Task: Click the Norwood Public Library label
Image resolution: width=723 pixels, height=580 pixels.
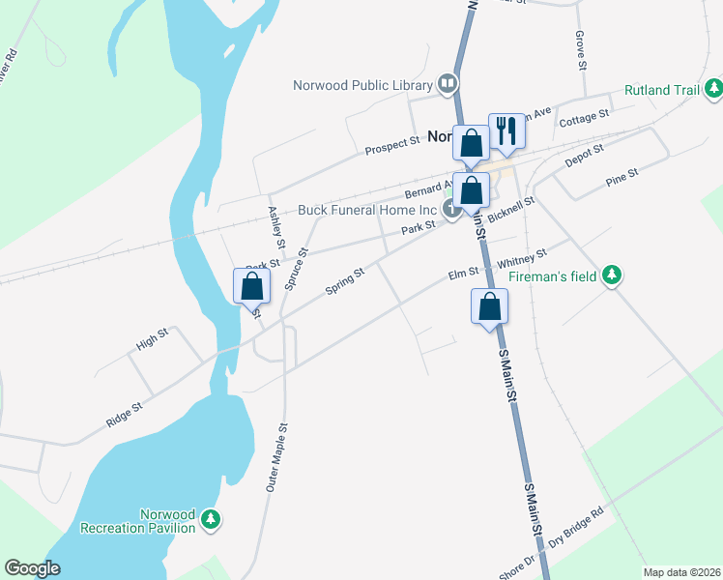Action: [363, 85]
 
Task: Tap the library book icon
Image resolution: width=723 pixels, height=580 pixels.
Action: [448, 85]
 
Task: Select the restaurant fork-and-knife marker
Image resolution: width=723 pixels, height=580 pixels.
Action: [506, 130]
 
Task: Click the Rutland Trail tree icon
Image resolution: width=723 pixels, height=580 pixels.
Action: [713, 90]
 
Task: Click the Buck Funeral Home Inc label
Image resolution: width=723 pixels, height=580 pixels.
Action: [367, 210]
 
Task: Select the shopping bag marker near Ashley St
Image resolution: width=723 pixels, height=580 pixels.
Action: [251, 285]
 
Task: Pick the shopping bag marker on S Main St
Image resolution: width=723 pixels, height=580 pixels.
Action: [490, 307]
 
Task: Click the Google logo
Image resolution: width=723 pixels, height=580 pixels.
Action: [32, 568]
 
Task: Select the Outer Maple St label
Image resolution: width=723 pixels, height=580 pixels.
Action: [276, 458]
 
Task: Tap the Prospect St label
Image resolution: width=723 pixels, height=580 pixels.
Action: [392, 145]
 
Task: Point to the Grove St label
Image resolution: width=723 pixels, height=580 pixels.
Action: [582, 49]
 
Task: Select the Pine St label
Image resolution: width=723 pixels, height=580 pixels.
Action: [621, 179]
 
